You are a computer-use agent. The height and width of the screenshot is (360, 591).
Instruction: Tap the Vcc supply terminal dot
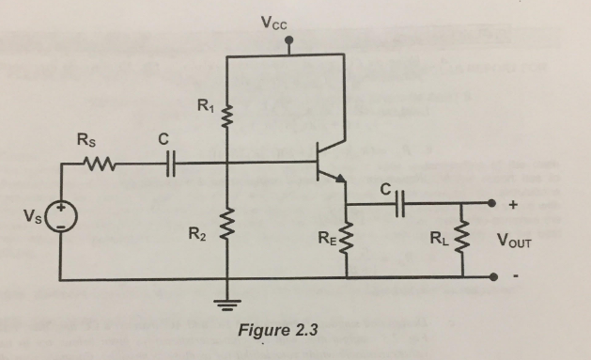click(288, 41)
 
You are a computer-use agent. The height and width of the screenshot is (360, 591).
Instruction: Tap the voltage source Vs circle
click(63, 219)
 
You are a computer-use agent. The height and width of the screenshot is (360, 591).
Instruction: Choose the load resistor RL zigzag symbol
click(464, 237)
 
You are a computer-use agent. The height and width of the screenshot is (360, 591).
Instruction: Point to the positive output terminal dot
click(492, 204)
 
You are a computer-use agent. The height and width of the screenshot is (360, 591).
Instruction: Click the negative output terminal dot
click(492, 278)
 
